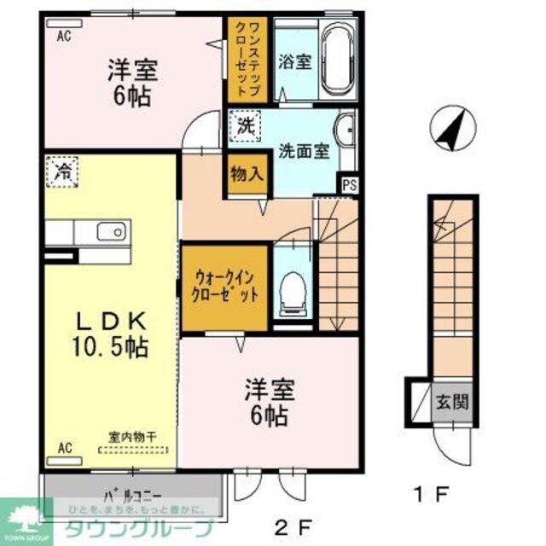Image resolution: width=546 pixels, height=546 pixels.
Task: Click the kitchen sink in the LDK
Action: click(x=110, y=231)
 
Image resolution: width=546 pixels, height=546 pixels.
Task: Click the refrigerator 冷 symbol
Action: click(x=62, y=171)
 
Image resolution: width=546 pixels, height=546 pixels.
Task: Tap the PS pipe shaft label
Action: click(x=350, y=183)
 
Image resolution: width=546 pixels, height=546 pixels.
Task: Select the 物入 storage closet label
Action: click(x=245, y=175)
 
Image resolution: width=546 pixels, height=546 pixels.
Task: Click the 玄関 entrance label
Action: click(x=452, y=401)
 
